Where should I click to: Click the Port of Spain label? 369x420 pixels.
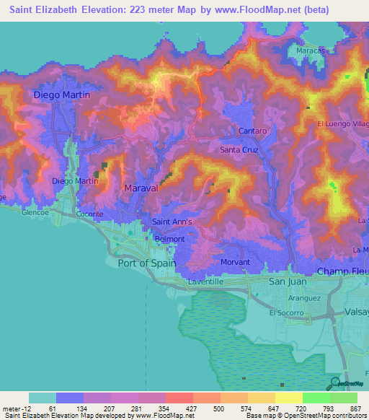tap(146, 263)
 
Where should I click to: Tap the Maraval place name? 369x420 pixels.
tap(141, 188)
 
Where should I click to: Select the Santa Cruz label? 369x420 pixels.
tap(239, 150)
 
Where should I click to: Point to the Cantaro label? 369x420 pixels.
tap(253, 131)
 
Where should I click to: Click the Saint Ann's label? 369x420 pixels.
tap(172, 222)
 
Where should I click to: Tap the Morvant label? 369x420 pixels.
tap(236, 262)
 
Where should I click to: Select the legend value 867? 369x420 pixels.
tap(357, 408)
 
